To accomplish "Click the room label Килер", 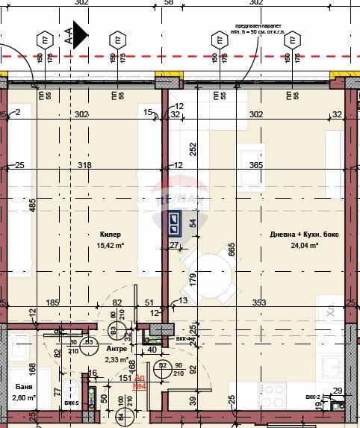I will pos(110,234).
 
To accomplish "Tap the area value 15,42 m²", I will pos(110,244).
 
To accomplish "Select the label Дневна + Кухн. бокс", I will pos(304,234).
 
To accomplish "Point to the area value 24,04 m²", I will pos(304,244).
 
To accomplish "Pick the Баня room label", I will pos(22,387).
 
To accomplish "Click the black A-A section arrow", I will pos(80,34).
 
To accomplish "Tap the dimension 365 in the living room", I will pos(256,165).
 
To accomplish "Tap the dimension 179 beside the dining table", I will pos(193,279).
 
